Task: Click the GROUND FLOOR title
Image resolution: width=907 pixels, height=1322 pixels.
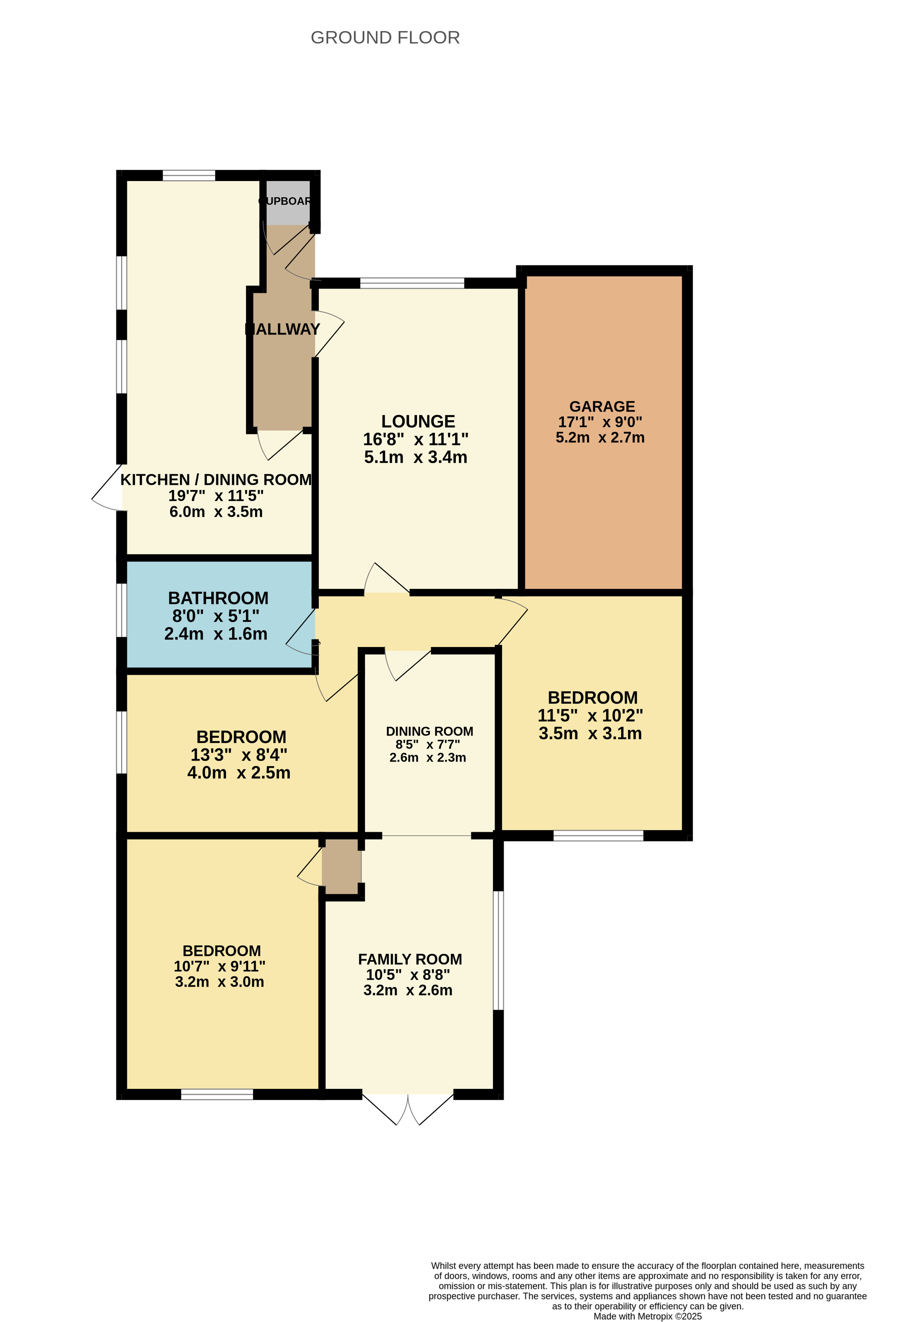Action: point(385,38)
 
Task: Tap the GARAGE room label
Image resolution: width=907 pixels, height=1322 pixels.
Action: point(602,406)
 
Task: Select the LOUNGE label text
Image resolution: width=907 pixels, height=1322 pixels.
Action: point(418,421)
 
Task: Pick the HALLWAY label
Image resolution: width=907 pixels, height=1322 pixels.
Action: point(283,329)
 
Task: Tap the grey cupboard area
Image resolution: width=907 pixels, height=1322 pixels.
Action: point(288,202)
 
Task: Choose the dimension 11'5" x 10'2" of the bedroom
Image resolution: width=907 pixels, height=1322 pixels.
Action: point(590,716)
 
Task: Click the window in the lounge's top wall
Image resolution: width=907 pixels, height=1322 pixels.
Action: point(412,283)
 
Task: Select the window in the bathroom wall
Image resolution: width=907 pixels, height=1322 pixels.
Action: point(122,610)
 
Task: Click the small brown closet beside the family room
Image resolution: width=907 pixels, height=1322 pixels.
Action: point(341,866)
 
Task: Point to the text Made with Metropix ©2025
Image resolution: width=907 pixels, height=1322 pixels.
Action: point(647,1316)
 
